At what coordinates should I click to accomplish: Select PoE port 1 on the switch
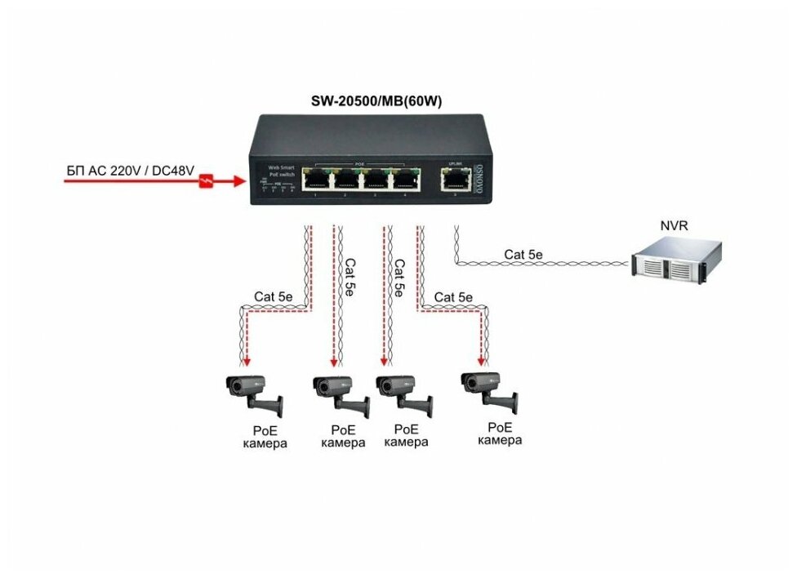point(314,180)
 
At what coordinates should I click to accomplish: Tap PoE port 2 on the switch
point(345,180)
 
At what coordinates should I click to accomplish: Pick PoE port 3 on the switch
point(375,180)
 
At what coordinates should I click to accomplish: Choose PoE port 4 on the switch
point(404,180)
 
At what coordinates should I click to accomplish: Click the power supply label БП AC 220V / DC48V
point(131,171)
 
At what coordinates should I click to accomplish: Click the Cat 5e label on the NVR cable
point(523,255)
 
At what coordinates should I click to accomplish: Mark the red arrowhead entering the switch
point(238,180)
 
